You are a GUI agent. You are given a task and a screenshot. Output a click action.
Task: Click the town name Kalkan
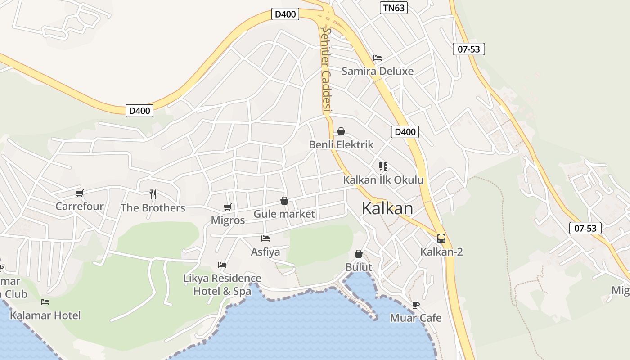tap(387, 209)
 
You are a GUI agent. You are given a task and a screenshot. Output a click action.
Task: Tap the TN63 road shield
tap(393, 8)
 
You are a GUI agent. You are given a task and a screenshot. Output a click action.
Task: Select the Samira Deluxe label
tap(378, 71)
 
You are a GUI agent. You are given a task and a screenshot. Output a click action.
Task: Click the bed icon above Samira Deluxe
tap(378, 58)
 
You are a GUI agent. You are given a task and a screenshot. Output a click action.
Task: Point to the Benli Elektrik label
tap(341, 144)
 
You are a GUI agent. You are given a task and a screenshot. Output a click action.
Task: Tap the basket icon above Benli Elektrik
tap(341, 131)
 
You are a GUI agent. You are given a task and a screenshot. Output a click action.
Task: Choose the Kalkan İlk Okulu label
tap(383, 180)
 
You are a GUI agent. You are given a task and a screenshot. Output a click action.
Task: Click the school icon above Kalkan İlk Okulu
tap(383, 166)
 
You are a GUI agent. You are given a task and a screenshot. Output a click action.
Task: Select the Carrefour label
tap(80, 207)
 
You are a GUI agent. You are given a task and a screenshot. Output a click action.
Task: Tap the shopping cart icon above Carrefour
tap(80, 193)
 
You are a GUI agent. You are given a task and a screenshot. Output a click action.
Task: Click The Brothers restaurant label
tap(153, 208)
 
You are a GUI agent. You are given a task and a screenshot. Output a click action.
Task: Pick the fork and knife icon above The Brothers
tap(153, 194)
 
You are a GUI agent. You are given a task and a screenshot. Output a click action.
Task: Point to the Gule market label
tap(284, 214)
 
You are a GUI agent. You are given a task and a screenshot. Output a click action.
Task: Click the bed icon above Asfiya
tap(265, 238)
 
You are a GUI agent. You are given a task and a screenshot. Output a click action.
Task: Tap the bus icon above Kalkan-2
tap(441, 238)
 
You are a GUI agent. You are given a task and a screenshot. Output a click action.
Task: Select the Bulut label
tap(359, 267)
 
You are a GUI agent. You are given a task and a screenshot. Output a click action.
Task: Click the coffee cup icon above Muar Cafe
tap(416, 305)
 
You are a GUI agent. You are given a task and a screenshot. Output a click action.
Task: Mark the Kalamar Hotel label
tap(45, 315)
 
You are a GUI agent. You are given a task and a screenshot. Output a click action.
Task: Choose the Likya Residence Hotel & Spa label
tap(222, 285)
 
